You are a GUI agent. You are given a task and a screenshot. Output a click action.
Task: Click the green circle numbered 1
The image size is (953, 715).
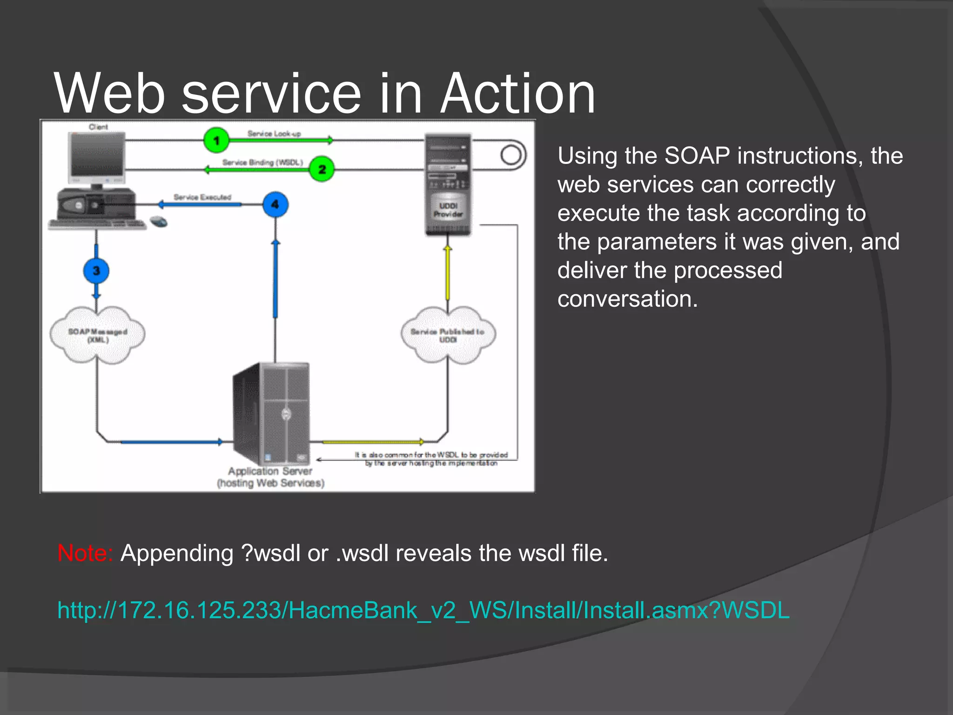(216, 140)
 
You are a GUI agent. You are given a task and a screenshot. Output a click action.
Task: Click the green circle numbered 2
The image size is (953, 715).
(322, 169)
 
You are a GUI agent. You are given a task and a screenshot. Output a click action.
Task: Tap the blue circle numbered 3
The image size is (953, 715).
(96, 271)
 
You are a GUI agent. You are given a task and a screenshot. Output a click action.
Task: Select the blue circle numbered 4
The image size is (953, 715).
(275, 204)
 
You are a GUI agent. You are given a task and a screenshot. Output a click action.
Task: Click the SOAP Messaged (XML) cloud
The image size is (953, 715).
(97, 335)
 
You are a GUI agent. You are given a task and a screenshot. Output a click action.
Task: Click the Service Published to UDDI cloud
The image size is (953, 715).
(448, 335)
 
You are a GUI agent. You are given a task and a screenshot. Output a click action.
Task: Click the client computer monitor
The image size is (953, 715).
(97, 156)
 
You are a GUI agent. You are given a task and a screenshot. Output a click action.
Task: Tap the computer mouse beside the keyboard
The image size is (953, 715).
(159, 222)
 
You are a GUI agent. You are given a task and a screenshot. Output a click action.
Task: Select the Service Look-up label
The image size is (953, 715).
(274, 134)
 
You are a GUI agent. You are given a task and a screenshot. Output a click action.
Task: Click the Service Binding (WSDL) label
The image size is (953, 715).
(262, 162)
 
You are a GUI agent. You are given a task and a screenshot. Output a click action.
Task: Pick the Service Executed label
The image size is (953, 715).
(202, 197)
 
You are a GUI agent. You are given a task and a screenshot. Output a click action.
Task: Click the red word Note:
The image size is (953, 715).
(85, 553)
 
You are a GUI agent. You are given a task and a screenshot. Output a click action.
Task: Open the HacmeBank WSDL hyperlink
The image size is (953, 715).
(423, 610)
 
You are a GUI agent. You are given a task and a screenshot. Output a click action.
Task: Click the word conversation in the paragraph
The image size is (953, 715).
(627, 299)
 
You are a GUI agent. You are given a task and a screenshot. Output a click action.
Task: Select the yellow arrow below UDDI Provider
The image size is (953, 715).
(448, 274)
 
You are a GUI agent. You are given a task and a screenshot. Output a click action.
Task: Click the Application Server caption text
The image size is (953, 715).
(270, 477)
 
